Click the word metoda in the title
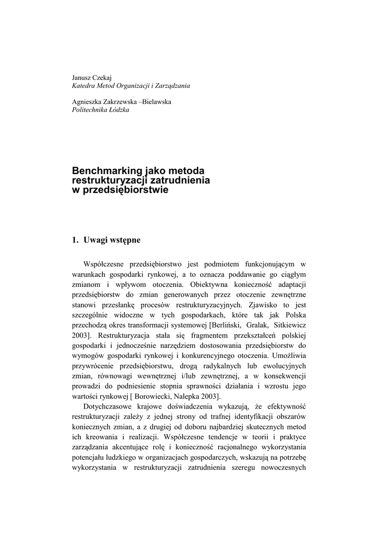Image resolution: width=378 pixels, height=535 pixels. point(187,171)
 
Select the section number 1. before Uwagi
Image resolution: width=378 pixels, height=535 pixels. point(75,240)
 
